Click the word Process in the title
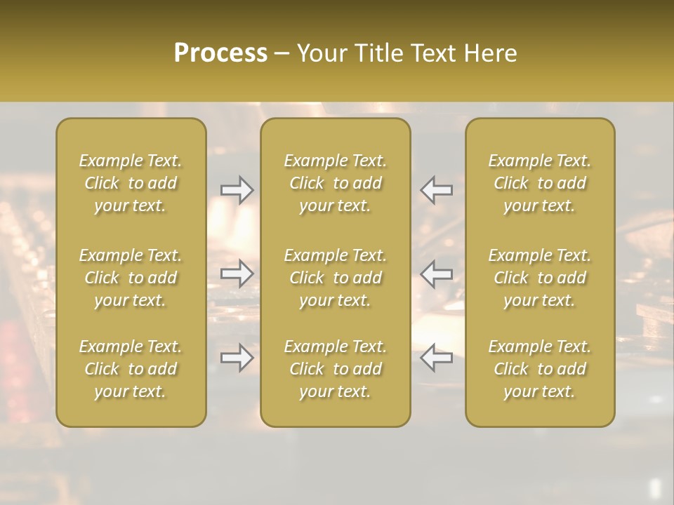pos(220,53)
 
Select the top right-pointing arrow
pos(237,189)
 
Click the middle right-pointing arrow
pos(237,273)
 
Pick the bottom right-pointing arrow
pos(237,358)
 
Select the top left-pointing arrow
pos(437,189)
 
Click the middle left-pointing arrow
pos(437,273)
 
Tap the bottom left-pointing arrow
pos(437,358)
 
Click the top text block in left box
pos(131,183)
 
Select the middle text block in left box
pos(131,278)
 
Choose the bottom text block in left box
pos(131,369)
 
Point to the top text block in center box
pos(336,183)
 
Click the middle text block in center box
pos(336,278)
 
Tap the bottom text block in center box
pos(336,369)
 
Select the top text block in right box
pos(540,183)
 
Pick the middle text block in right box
pos(540,278)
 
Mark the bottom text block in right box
pos(540,369)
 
